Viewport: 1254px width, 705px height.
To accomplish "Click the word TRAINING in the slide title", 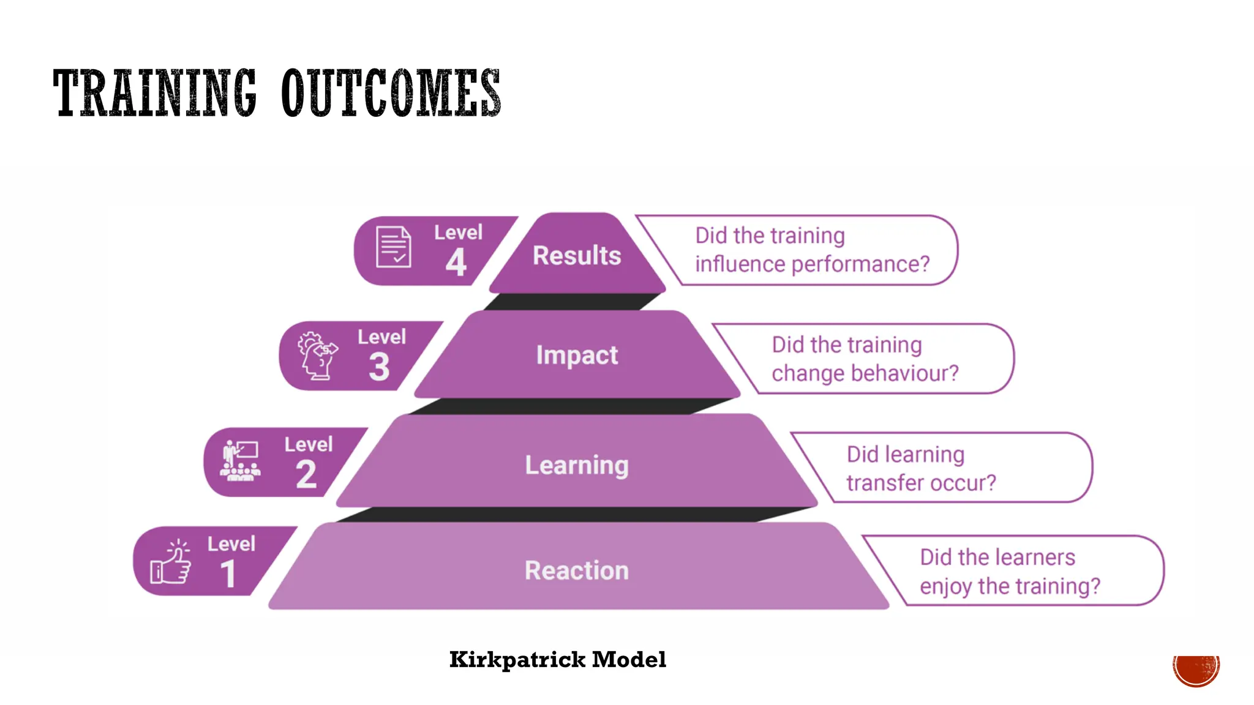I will (x=154, y=93).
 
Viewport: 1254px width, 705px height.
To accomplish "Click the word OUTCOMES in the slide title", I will (x=391, y=93).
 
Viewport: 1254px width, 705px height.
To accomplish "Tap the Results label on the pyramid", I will (x=577, y=256).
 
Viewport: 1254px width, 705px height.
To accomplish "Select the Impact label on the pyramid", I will (x=577, y=356).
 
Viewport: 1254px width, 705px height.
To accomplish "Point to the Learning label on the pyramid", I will (x=577, y=466).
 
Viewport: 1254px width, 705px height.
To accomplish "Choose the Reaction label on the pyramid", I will (x=577, y=570).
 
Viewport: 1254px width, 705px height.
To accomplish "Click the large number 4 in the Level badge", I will (x=456, y=263).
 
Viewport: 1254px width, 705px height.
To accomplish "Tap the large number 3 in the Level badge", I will (x=380, y=367).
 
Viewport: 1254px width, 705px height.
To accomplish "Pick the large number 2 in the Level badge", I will (x=306, y=474).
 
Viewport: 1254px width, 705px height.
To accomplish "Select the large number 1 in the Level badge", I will (x=228, y=574).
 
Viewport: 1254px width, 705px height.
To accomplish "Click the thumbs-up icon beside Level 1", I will (x=171, y=562).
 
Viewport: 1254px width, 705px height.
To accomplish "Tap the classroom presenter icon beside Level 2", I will (x=241, y=461).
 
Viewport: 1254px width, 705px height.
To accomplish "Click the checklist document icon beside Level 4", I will (x=394, y=247).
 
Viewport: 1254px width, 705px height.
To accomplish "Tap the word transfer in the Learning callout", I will (x=882, y=483).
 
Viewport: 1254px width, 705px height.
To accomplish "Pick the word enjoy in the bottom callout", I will (x=946, y=586).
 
